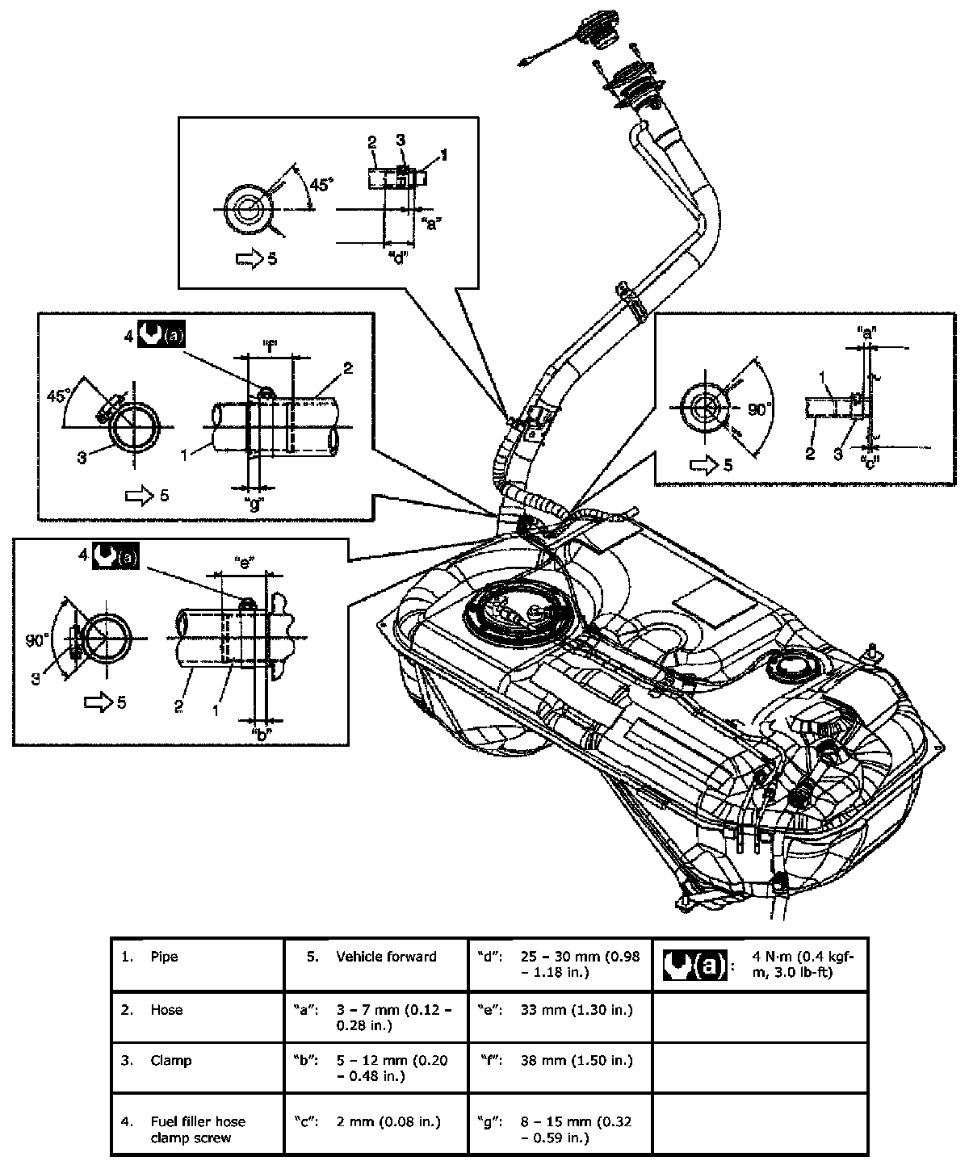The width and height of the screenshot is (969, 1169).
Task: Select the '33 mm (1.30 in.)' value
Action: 577,1009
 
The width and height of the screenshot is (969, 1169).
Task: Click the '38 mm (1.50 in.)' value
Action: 577,1060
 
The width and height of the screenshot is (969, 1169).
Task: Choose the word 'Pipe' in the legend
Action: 164,956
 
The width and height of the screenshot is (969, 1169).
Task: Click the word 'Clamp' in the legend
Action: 171,1060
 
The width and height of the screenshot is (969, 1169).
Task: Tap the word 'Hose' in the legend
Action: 166,1009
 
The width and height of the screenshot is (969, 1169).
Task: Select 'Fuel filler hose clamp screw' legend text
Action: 198,1129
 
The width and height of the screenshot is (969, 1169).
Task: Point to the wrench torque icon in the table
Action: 695,966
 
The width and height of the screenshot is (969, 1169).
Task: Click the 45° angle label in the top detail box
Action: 321,184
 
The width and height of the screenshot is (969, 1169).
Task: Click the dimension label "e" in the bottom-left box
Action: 245,559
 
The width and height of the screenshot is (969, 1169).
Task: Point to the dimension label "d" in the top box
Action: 398,258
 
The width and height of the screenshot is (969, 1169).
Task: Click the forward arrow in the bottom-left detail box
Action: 99,702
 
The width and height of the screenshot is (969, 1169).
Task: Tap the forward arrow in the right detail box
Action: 705,465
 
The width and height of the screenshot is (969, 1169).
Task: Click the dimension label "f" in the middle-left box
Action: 270,346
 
